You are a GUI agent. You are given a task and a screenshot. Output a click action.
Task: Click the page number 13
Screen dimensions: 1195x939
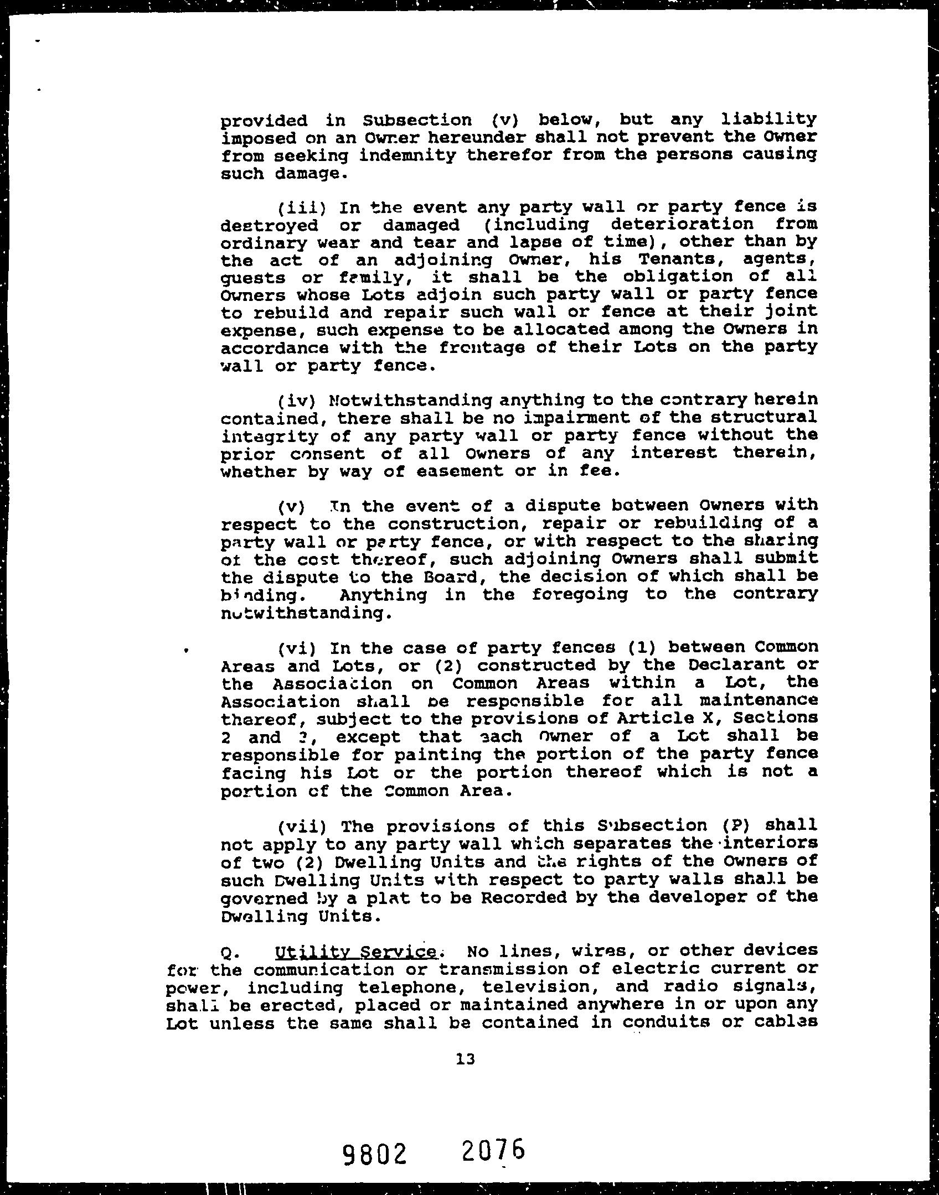tap(466, 1059)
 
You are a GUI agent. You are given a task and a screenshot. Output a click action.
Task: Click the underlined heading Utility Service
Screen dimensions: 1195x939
tap(356, 952)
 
